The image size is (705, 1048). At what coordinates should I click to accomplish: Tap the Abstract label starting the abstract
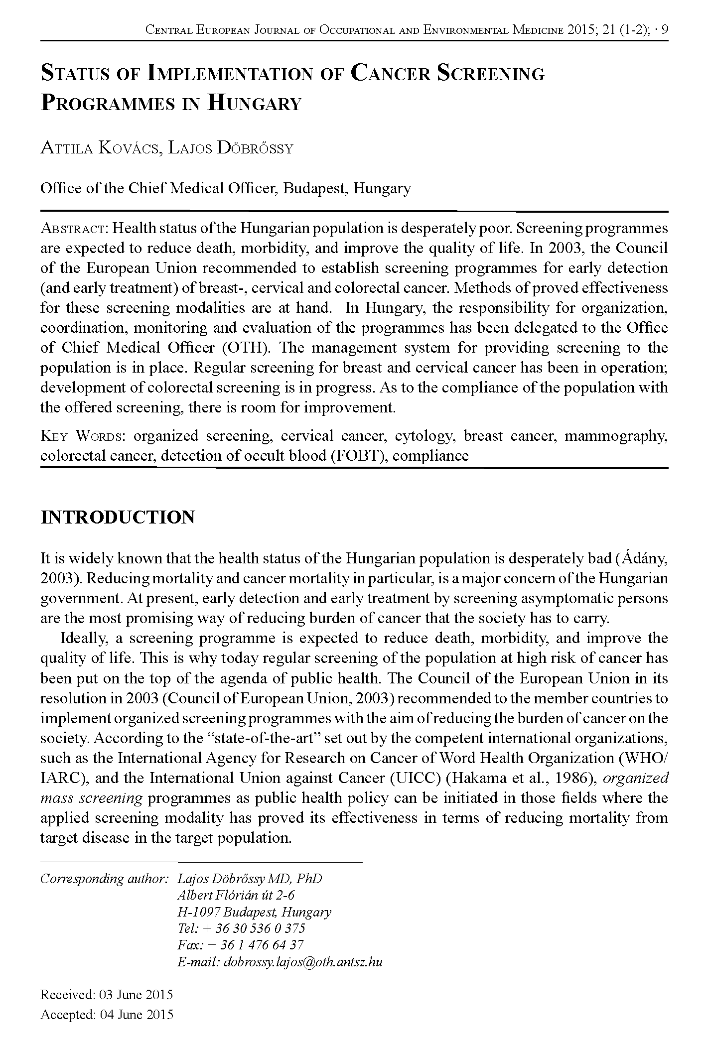click(x=74, y=229)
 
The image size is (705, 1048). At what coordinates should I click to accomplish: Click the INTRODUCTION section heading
click(x=118, y=518)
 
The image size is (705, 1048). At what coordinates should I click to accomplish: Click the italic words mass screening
click(x=91, y=798)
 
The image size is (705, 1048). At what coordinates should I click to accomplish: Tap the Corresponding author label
click(x=103, y=878)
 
